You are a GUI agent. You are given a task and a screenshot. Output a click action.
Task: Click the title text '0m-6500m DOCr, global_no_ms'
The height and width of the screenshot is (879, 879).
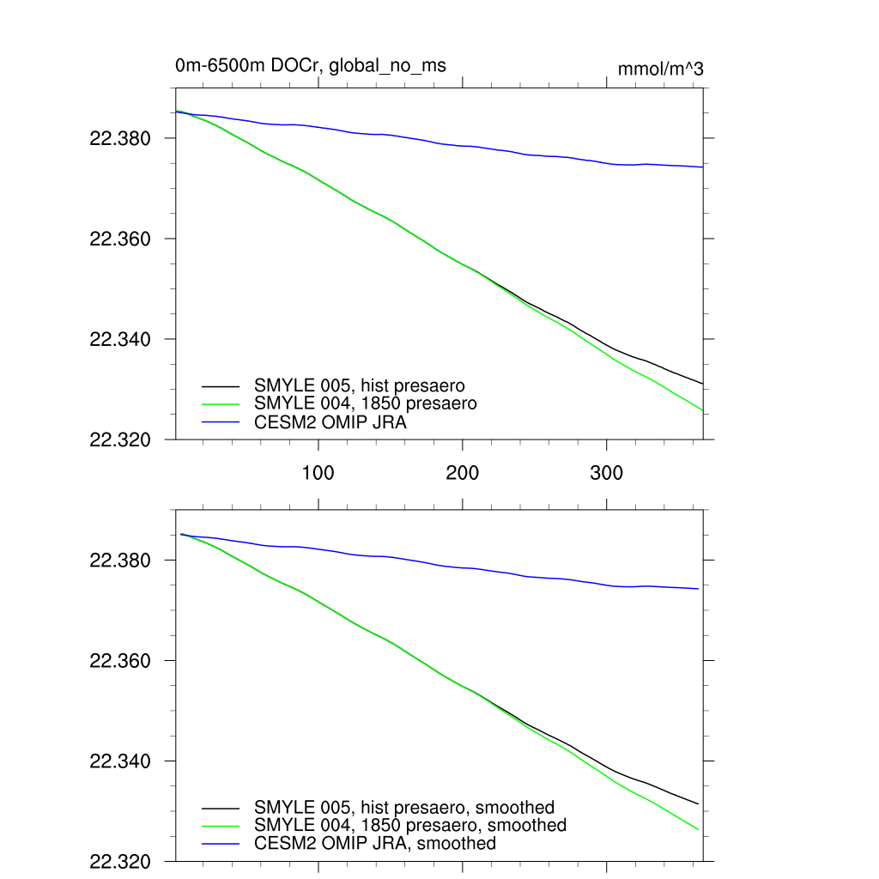310,65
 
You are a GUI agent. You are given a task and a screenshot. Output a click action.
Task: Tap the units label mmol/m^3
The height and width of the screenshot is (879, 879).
660,70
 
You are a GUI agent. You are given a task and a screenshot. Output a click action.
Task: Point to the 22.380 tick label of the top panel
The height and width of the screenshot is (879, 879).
120,138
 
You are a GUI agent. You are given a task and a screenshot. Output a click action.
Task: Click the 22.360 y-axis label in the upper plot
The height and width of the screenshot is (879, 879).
120,239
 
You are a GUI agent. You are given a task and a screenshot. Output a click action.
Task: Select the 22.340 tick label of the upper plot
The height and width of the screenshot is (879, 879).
120,339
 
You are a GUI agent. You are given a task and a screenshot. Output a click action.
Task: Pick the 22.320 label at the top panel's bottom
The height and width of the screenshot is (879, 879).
120,439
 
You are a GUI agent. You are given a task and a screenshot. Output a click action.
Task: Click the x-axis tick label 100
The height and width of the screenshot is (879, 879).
318,473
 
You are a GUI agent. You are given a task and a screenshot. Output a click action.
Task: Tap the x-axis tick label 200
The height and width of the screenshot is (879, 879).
463,473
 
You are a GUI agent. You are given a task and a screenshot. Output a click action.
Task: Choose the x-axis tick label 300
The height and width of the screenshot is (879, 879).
607,473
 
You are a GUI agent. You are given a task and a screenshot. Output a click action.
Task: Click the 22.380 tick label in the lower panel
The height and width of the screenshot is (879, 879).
120,561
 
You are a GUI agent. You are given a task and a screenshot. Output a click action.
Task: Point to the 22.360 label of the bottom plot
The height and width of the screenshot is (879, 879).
120,661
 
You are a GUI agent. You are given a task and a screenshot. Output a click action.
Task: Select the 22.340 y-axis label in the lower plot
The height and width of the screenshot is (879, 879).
120,761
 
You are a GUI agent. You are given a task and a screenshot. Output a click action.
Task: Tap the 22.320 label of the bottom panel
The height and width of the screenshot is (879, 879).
120,862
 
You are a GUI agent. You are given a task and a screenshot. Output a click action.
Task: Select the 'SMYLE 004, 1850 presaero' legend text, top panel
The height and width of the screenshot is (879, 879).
365,403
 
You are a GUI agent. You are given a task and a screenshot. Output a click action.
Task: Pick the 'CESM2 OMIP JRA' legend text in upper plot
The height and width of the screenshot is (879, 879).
330,422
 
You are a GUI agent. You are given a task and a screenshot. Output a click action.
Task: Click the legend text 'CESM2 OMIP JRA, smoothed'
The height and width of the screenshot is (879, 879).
375,844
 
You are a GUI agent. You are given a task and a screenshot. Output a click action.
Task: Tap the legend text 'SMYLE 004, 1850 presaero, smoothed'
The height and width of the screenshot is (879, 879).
410,825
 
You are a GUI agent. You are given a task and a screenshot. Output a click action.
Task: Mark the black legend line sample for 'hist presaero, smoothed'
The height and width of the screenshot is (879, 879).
220,808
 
